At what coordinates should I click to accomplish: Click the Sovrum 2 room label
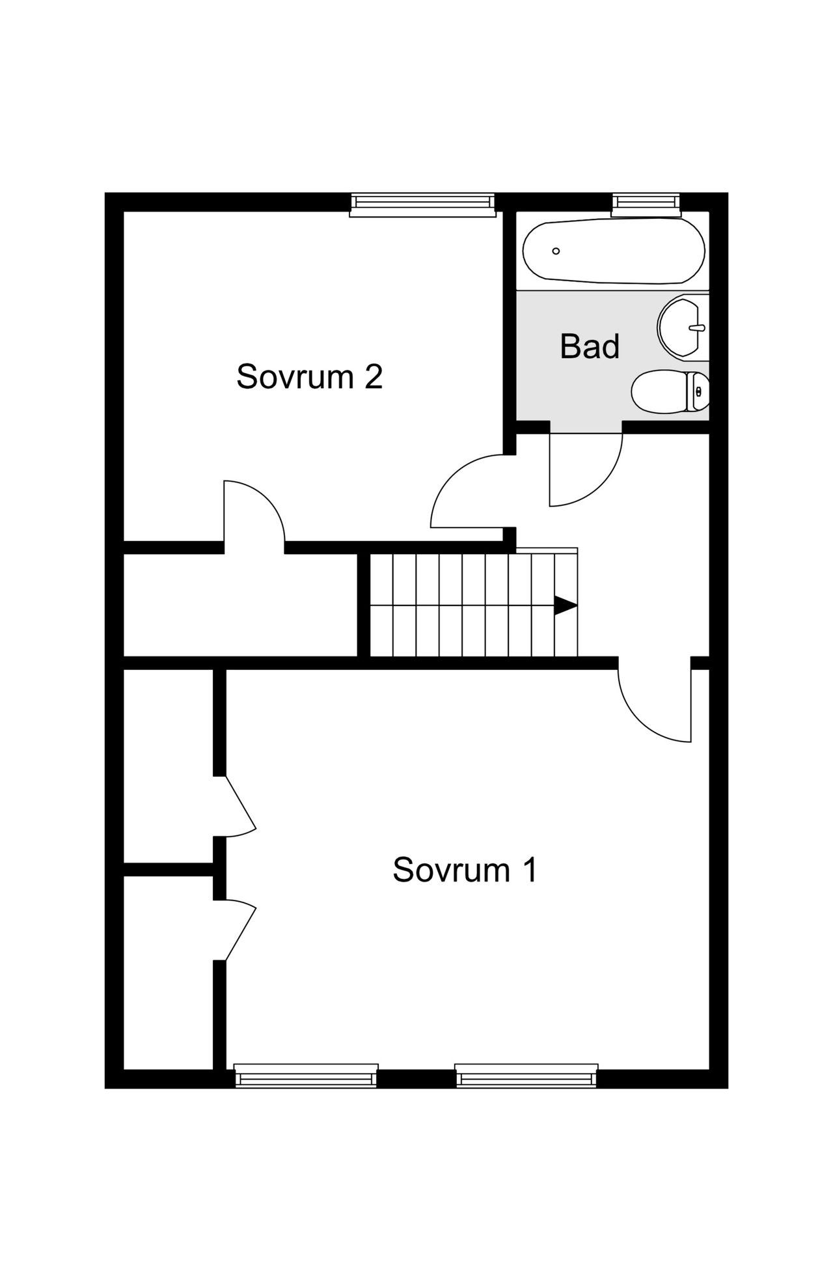click(309, 376)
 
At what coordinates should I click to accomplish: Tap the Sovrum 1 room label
click(465, 869)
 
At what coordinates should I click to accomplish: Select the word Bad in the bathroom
click(590, 346)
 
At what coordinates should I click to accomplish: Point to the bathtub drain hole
click(556, 251)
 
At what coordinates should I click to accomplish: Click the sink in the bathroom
click(683, 327)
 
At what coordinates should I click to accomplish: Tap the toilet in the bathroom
click(670, 391)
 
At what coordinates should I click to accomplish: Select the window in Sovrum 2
click(422, 204)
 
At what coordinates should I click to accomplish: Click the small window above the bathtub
click(646, 204)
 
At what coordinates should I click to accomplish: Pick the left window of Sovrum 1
click(306, 1075)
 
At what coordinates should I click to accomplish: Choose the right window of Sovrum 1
click(526, 1075)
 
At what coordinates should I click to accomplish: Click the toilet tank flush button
click(699, 391)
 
